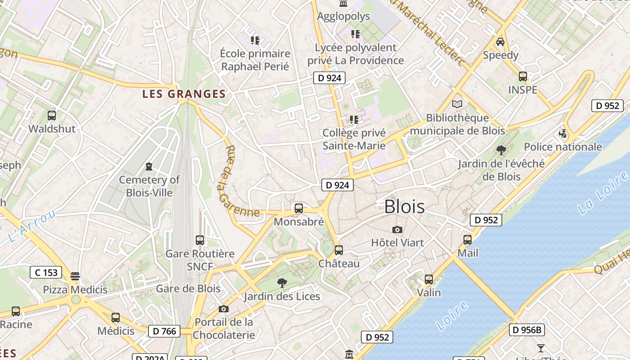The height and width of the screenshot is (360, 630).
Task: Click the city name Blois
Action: click(404, 207)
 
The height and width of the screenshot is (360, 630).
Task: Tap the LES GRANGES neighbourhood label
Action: click(184, 94)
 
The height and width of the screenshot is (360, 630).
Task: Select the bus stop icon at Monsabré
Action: click(298, 208)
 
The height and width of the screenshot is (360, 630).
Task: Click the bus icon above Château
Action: click(338, 250)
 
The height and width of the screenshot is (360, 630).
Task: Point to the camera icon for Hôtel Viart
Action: click(397, 230)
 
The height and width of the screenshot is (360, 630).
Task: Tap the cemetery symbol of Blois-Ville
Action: click(149, 167)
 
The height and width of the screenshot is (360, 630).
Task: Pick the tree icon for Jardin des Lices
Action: click(282, 283)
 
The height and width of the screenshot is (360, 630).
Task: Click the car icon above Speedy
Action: click(500, 42)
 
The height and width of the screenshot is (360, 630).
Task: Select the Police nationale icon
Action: click(562, 134)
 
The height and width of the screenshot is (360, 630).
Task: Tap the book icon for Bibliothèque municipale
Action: click(457, 104)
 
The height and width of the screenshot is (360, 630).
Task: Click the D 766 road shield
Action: click(164, 331)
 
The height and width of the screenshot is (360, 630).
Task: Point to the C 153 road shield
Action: click(46, 272)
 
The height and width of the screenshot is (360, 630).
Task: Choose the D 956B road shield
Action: click(527, 330)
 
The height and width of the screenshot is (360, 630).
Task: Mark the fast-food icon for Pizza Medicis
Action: click(75, 276)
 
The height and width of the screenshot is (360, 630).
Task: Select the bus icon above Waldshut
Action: click(52, 116)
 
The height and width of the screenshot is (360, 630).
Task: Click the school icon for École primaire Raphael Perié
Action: click(255, 40)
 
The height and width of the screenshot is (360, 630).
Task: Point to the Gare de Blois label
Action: click(188, 288)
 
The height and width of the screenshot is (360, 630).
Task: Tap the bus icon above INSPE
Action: click(522, 76)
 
